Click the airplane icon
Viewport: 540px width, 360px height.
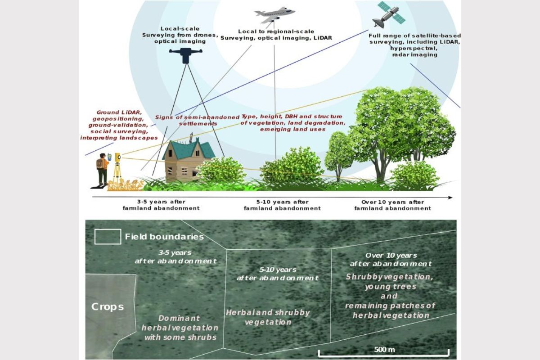click(274, 14)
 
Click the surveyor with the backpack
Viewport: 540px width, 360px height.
click(103, 169)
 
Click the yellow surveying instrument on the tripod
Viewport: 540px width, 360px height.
click(118, 157)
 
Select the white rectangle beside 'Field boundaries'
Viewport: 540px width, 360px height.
click(108, 237)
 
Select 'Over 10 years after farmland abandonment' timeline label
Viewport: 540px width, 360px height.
click(392, 205)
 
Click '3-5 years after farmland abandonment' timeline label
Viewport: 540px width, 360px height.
click(161, 205)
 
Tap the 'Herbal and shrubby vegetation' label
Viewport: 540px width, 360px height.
click(268, 317)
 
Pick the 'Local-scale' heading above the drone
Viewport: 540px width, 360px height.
click(174, 28)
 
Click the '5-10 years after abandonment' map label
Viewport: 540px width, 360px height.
click(277, 274)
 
